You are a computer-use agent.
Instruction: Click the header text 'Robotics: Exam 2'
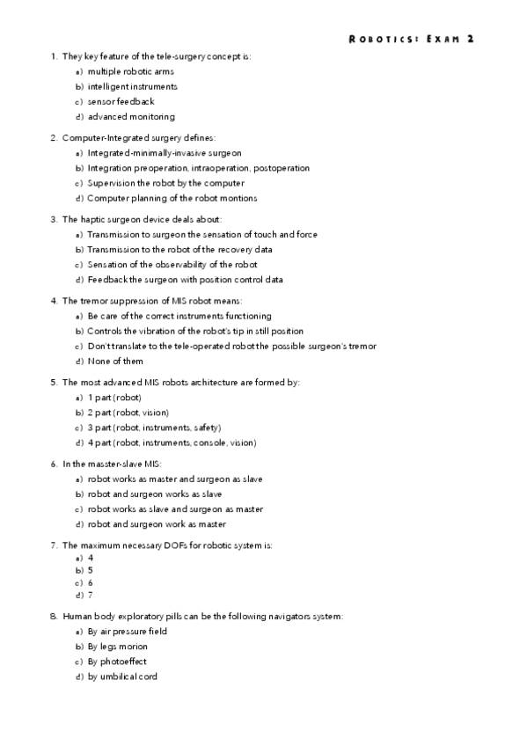tap(411, 39)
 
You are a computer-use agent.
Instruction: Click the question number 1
tap(54, 56)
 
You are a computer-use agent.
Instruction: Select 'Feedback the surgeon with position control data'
tap(185, 280)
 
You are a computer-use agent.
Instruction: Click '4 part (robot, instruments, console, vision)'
tap(184, 442)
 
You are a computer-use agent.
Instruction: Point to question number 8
tap(54, 617)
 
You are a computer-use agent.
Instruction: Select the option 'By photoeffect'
tap(117, 662)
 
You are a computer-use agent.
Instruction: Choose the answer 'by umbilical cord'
tap(122, 677)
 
